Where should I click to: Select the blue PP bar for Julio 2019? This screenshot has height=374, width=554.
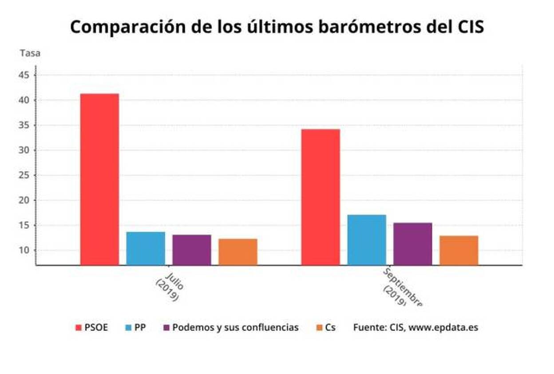(146, 248)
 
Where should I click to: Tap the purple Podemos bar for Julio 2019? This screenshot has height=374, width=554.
(192, 250)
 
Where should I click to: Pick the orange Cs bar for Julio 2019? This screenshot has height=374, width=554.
(238, 252)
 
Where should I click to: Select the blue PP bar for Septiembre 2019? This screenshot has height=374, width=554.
(367, 240)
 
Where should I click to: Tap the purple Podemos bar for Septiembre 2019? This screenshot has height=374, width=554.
(413, 244)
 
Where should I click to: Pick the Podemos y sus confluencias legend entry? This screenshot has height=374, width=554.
(231, 328)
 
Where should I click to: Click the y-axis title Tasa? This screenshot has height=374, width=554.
(30, 53)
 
